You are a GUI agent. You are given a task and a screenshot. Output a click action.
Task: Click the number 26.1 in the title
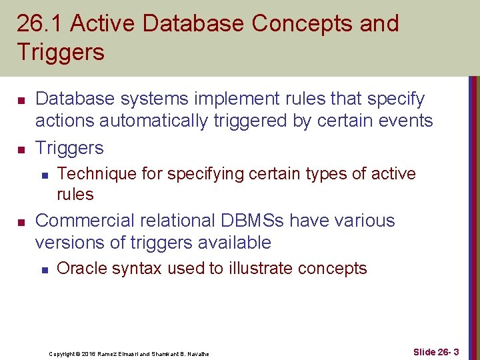point(39,24)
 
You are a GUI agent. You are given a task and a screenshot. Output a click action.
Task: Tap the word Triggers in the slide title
point(61,52)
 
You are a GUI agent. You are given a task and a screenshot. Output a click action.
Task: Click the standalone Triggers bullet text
point(69,147)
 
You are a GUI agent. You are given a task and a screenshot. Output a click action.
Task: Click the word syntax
point(141,269)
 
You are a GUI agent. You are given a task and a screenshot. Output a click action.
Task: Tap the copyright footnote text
point(129,353)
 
